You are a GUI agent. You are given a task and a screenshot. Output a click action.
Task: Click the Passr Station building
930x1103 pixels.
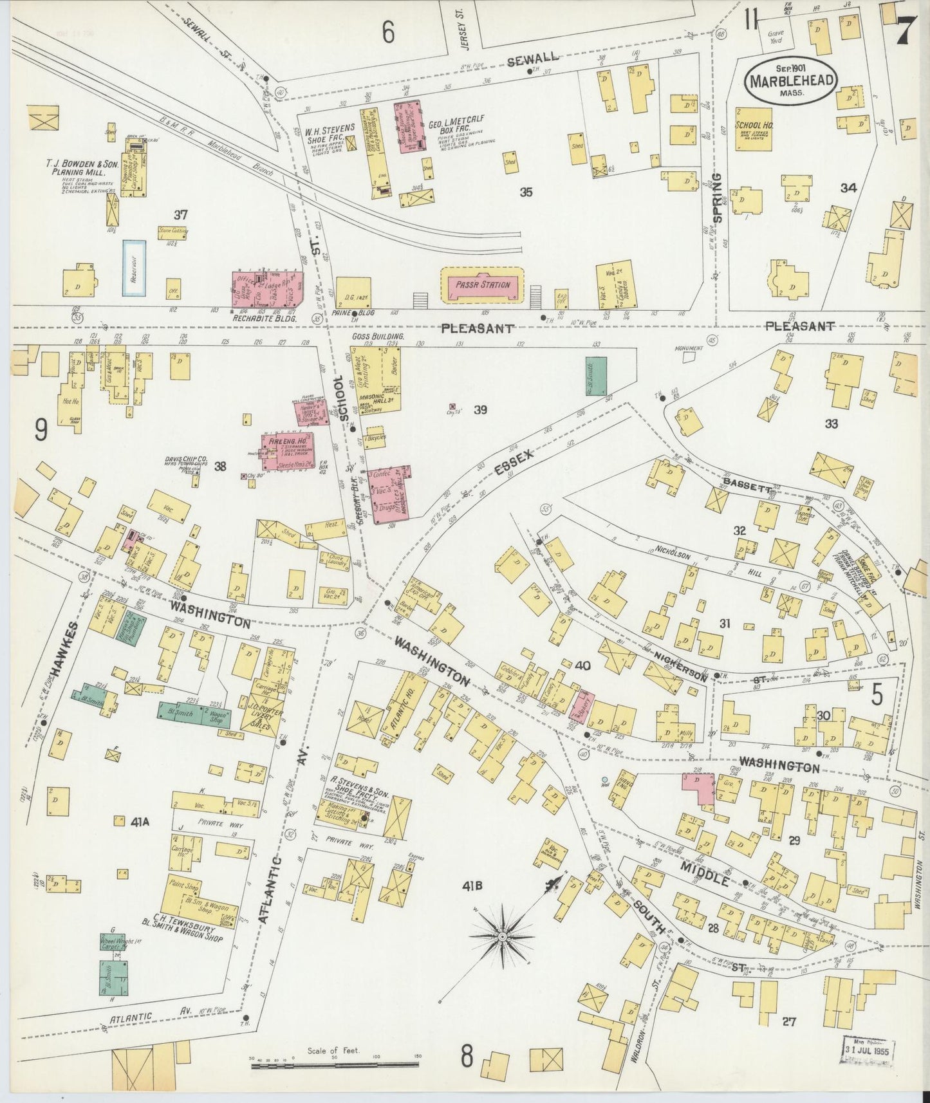[483, 284]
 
